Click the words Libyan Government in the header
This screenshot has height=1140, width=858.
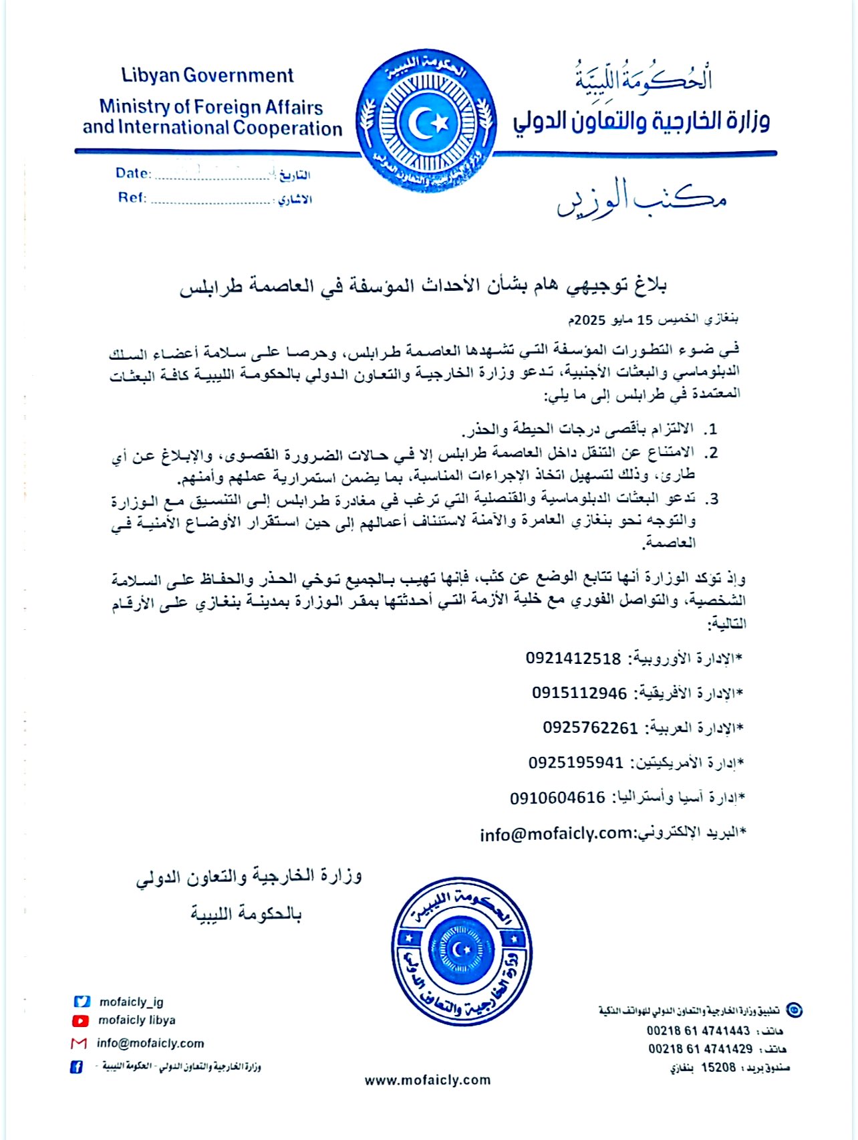(x=207, y=76)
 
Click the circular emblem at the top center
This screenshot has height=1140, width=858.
(x=426, y=122)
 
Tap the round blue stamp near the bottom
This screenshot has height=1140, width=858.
(x=462, y=950)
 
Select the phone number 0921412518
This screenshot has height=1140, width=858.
(x=573, y=659)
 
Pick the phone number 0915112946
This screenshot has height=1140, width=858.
(x=579, y=693)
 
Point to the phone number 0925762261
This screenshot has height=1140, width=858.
(x=590, y=728)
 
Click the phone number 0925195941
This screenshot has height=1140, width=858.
(x=576, y=763)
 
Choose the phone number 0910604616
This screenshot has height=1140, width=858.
(x=557, y=798)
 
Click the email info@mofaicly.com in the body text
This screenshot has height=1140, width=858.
(x=556, y=834)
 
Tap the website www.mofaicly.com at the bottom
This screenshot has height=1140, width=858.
(x=428, y=1080)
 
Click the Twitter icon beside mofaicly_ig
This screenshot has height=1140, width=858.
(x=82, y=1002)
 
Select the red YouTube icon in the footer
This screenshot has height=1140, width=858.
(x=80, y=1021)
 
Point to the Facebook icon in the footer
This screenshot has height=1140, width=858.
(x=77, y=1067)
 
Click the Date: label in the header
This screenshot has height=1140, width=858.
(x=133, y=173)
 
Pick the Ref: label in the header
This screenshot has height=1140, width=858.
(x=132, y=198)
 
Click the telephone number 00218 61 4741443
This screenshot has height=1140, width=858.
(x=698, y=1031)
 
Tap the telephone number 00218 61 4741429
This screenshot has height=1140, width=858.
(x=700, y=1049)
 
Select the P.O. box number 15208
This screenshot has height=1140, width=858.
(x=718, y=1068)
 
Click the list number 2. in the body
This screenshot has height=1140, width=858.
(x=711, y=453)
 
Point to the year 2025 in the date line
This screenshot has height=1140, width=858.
(x=590, y=320)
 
